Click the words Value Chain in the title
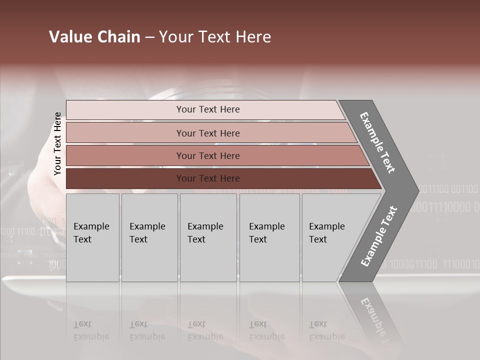point(94,37)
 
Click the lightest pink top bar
point(125,110)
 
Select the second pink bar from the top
point(125,133)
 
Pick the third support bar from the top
point(125,155)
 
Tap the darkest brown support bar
point(125,178)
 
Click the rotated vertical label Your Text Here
point(57,144)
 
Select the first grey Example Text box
point(92,237)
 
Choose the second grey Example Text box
point(149,237)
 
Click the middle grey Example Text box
point(208,237)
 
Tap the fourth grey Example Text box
point(269,237)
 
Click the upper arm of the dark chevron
point(377,142)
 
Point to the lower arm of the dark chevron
point(378,236)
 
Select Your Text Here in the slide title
point(215,37)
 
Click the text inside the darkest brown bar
point(208,178)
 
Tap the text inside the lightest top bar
point(208,109)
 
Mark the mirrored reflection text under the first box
point(91,330)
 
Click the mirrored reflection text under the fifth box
point(326,330)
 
